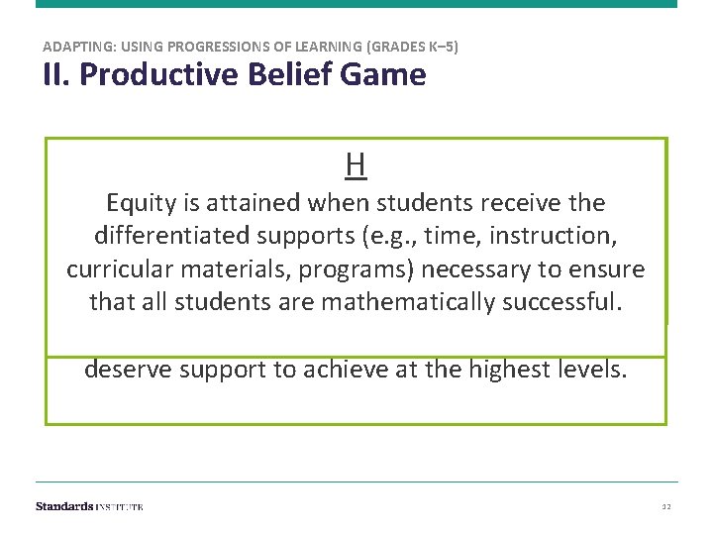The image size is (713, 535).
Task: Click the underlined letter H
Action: click(356, 164)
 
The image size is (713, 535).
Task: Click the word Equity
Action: click(139, 203)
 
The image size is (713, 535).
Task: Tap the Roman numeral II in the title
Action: click(53, 74)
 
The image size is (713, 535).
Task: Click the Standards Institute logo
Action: click(89, 506)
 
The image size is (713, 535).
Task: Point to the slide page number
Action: click(665, 507)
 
